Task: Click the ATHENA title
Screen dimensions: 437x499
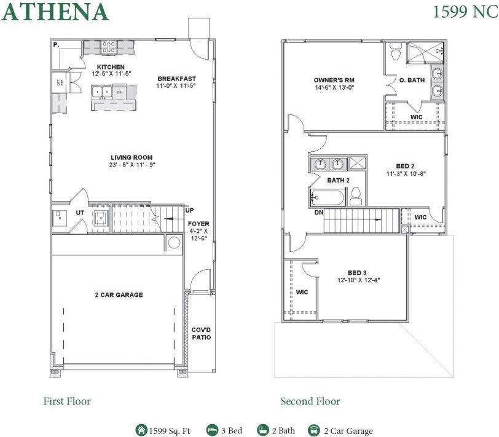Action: (55, 12)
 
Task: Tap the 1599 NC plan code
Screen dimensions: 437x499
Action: (465, 12)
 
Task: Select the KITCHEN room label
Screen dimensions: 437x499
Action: (111, 67)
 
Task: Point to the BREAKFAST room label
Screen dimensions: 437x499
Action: (176, 79)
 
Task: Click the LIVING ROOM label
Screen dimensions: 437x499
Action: (132, 157)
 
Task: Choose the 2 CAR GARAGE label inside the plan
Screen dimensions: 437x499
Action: (119, 295)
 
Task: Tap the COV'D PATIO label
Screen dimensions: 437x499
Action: (201, 333)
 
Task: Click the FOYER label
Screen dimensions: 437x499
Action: (198, 224)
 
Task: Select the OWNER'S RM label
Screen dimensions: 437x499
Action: (334, 81)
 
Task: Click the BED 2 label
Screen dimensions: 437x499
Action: (405, 166)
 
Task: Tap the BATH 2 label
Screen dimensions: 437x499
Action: (338, 180)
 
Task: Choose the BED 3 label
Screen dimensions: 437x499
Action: (357, 273)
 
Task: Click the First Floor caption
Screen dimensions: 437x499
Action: (67, 401)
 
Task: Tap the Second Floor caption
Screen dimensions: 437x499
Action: (310, 401)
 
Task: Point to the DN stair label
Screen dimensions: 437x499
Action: (319, 212)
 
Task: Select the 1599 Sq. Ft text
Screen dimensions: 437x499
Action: (170, 431)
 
